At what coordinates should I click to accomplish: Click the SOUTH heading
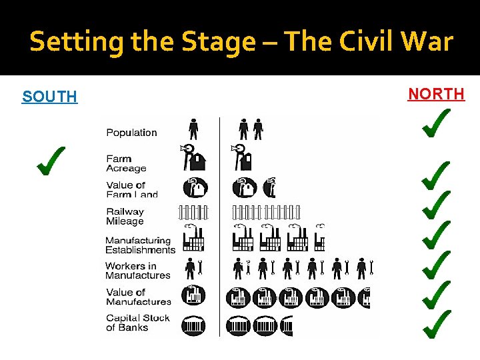[x=49, y=97]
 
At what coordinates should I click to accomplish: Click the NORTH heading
[x=436, y=94]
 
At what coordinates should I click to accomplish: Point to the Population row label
[x=131, y=133]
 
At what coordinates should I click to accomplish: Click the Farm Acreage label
[x=126, y=163]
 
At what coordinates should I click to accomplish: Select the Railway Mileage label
[x=125, y=216]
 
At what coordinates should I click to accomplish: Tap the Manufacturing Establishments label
[x=140, y=245]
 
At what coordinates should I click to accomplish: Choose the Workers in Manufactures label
[x=137, y=270]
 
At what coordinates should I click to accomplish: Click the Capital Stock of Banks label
[x=137, y=323]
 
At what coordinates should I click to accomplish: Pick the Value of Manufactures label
[x=137, y=297]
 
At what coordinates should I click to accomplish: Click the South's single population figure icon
[x=193, y=129]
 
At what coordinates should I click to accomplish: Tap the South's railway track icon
[x=193, y=213]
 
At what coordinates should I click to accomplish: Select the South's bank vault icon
[x=193, y=325]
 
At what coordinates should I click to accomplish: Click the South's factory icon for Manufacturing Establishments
[x=193, y=239]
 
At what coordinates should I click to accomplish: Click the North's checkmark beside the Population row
[x=434, y=125]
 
